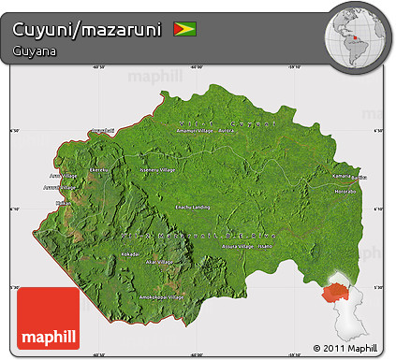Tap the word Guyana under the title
pyautogui.click(x=34, y=50)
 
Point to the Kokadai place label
pyautogui.click(x=130, y=252)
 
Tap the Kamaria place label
pyautogui.click(x=341, y=176)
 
